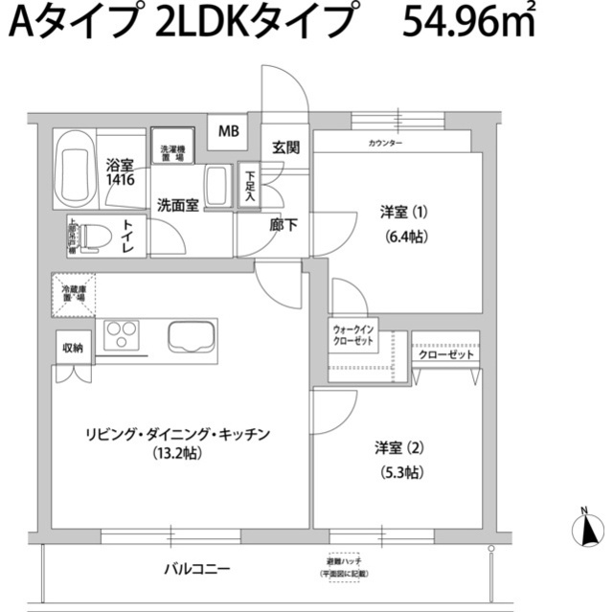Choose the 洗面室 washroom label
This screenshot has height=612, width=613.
click(x=178, y=204)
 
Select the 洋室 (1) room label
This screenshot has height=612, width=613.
click(x=401, y=212)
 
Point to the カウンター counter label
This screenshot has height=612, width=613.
click(x=385, y=144)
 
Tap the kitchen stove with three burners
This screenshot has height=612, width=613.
click(x=122, y=336)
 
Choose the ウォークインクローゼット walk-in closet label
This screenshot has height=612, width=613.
click(x=354, y=336)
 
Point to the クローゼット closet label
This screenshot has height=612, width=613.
click(x=446, y=355)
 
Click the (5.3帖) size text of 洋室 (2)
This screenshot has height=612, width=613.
click(x=401, y=471)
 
